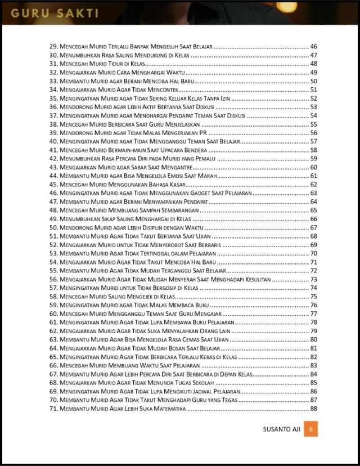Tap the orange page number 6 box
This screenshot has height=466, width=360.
(312, 429)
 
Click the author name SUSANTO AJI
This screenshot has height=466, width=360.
(281, 429)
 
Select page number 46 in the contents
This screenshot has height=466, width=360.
(313, 46)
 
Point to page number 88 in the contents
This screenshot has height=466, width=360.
(313, 409)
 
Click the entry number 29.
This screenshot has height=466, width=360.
(54, 46)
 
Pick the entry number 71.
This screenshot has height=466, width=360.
(54, 409)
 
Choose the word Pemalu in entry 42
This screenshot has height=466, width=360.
(201, 159)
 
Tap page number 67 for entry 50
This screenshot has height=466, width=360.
(313, 227)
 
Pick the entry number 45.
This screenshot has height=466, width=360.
(54, 185)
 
